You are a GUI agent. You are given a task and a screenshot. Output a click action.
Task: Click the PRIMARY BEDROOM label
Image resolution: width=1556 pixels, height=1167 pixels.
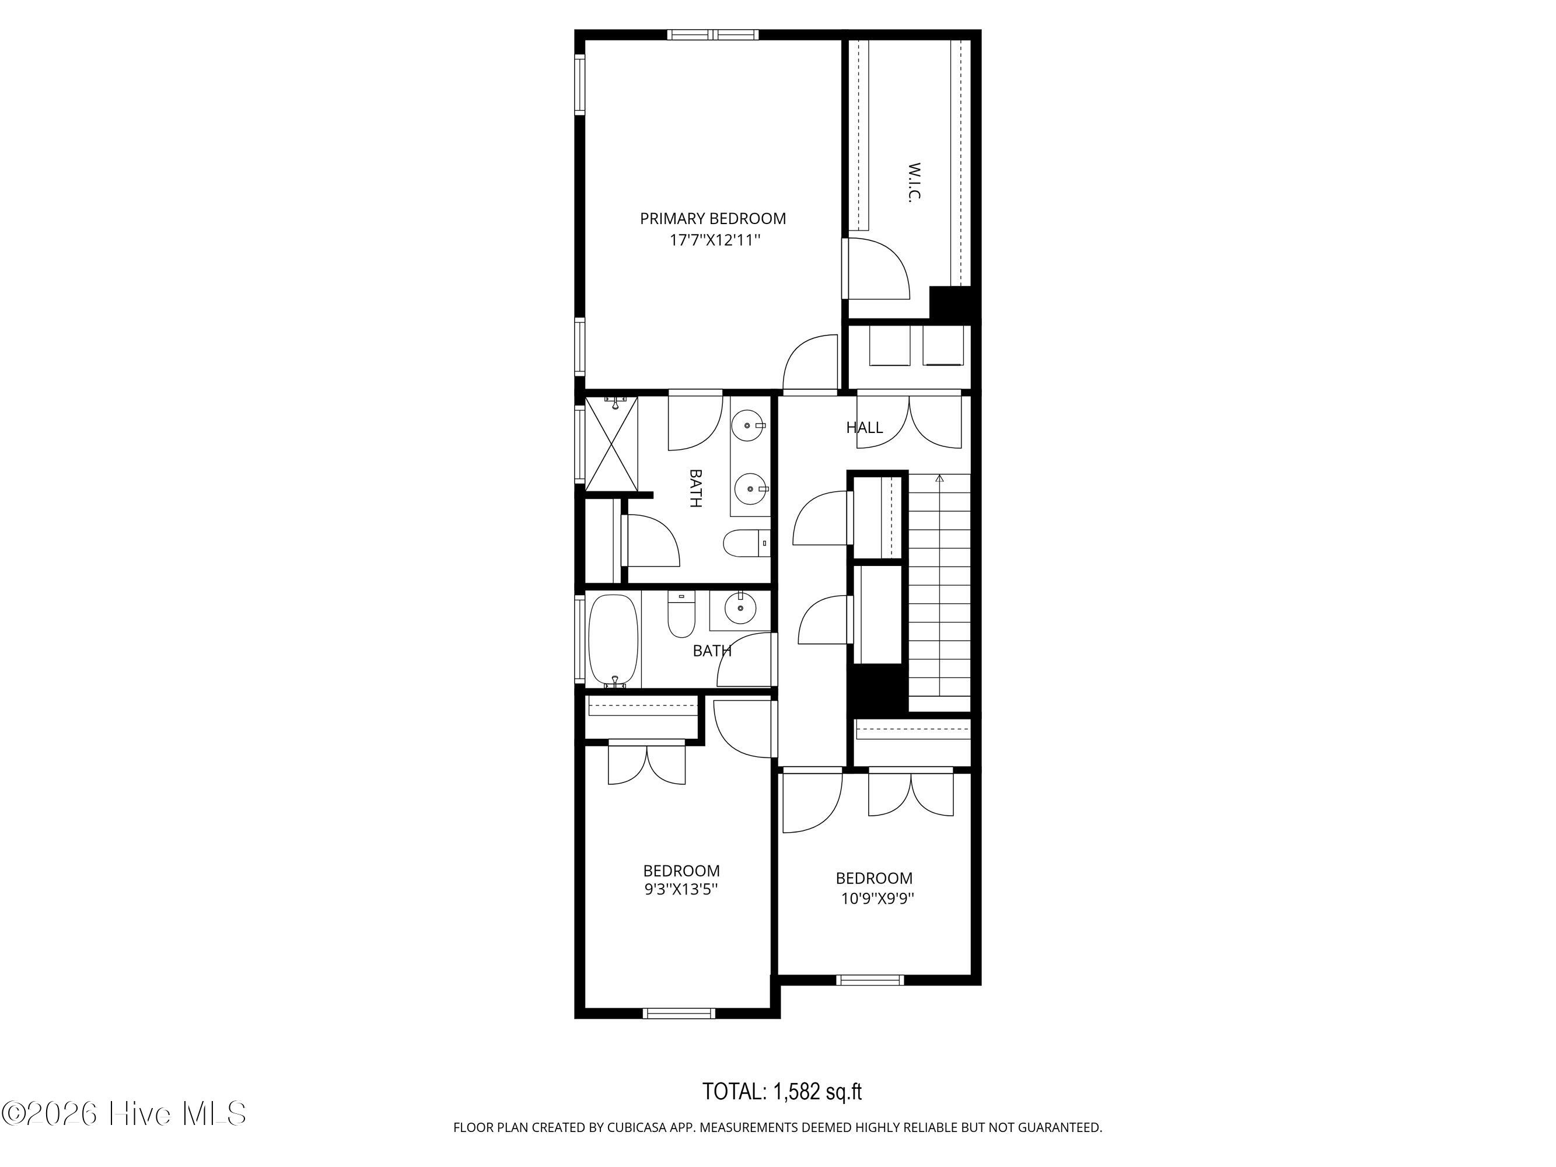712,219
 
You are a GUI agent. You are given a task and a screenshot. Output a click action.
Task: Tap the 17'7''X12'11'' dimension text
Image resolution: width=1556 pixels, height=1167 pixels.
715,240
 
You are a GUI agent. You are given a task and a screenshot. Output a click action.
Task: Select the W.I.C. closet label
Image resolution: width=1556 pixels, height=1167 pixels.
914,183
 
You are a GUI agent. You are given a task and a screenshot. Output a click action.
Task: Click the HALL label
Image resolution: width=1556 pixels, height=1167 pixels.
865,427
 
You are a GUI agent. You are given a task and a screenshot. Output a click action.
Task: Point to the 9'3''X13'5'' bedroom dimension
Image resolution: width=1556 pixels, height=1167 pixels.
681,889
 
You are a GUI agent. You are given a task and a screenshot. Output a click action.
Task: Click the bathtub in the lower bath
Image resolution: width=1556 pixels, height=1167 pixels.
613,641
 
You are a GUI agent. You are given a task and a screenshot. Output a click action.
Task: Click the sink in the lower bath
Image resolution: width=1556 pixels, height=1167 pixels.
739,609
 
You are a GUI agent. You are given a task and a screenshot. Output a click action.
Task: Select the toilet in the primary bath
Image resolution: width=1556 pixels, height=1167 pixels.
746,543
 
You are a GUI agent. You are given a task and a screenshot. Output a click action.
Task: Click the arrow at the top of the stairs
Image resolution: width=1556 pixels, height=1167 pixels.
939,479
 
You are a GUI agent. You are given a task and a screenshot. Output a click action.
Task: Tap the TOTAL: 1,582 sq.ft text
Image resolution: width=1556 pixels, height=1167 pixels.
782,1091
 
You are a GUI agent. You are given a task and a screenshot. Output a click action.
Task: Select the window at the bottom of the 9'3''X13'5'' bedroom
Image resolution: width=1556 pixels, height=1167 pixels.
679,1014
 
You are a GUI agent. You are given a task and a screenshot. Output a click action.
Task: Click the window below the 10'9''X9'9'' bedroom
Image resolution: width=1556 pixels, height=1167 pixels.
870,980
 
